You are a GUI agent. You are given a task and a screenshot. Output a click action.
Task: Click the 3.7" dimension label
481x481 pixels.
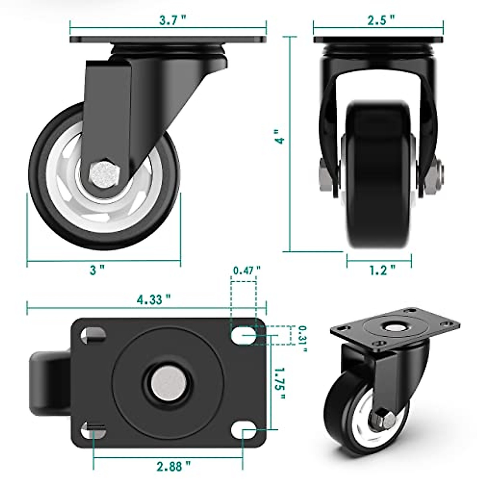click(x=173, y=21)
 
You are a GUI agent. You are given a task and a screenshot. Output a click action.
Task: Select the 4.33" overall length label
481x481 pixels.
click(x=154, y=299)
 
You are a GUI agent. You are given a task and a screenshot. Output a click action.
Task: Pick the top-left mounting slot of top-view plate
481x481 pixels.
click(x=93, y=334)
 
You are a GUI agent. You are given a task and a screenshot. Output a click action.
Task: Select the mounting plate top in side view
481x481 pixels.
click(x=168, y=40)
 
